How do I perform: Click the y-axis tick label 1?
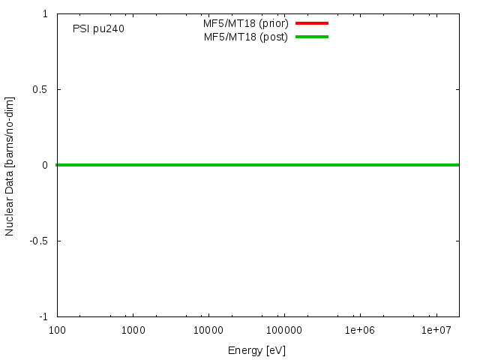[x=46, y=14]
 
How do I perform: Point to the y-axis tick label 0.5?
[x=40, y=89]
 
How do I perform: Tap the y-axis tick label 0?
[x=46, y=165]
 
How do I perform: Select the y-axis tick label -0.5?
[x=39, y=241]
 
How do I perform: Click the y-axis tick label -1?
[x=44, y=316]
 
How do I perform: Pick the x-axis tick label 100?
[x=57, y=330]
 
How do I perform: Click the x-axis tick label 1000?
[x=133, y=330]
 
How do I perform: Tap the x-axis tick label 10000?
[x=208, y=330]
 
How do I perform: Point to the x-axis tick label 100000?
[x=284, y=330]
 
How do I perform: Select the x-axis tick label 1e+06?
[x=360, y=330]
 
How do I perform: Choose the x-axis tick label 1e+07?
[x=436, y=330]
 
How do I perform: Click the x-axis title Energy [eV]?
[x=257, y=350]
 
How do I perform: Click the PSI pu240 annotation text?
[x=98, y=29]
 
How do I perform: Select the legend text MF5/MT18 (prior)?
[x=246, y=23]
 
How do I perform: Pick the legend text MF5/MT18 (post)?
[x=246, y=37]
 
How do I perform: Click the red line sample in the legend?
[x=312, y=23]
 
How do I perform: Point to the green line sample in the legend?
[x=312, y=37]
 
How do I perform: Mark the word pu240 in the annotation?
[x=109, y=29]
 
